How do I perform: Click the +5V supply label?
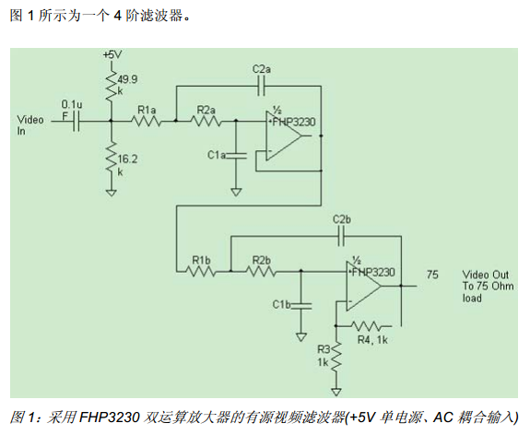(x=112, y=54)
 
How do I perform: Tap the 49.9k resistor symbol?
(x=112, y=86)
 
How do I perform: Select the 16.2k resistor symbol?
(x=112, y=158)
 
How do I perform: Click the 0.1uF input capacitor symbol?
(x=77, y=121)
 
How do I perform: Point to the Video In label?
(x=30, y=125)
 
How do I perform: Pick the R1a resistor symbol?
(x=146, y=121)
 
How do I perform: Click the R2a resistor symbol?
(x=206, y=121)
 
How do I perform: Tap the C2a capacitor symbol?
(x=261, y=87)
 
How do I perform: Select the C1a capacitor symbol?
(x=236, y=156)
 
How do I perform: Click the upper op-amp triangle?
(x=283, y=135)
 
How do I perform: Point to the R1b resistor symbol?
(x=200, y=271)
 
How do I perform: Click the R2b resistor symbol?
(x=261, y=271)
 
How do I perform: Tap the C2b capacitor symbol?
(x=341, y=236)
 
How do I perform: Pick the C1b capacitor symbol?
(x=300, y=306)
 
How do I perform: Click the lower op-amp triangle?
(x=363, y=286)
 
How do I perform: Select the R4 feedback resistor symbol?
(x=368, y=326)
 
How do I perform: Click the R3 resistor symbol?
(x=336, y=358)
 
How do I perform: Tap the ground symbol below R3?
(x=336, y=392)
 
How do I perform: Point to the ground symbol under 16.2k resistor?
(x=112, y=193)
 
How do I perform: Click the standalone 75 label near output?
(x=432, y=274)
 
